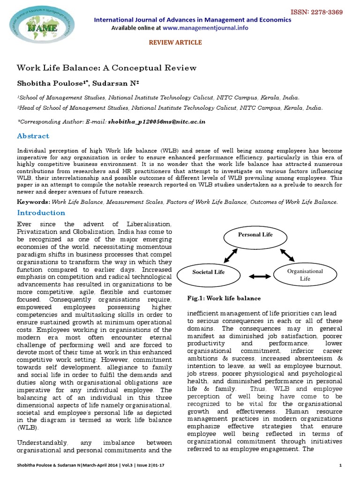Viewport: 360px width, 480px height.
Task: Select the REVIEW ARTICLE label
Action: [x=175, y=43]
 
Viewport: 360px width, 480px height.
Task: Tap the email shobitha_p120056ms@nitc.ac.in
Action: [x=157, y=121]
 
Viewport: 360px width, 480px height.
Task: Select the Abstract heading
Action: [x=33, y=136]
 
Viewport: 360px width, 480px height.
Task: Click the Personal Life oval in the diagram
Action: [x=255, y=235]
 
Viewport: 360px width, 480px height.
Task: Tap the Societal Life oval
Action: [x=209, y=272]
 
